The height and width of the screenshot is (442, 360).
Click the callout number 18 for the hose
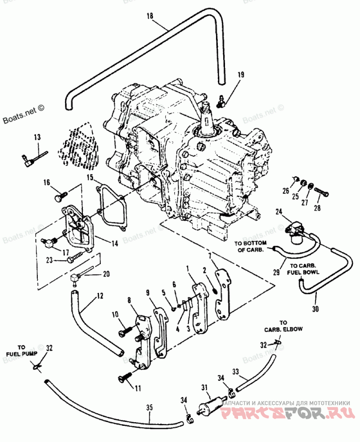(x=150, y=16)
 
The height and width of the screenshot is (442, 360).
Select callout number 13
(x=37, y=137)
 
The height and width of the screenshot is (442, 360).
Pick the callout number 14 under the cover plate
(x=115, y=244)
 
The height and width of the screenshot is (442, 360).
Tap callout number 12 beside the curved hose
(x=100, y=296)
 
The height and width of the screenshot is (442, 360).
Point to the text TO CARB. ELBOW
(x=283, y=326)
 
